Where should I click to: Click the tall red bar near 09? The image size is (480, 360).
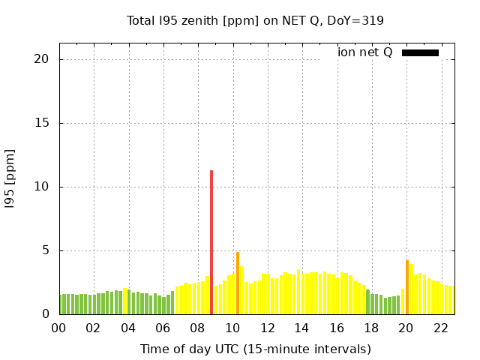211,242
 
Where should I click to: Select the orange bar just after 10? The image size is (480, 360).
238,283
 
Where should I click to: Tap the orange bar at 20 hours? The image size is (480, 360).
407,287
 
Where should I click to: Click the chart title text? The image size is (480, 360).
255,20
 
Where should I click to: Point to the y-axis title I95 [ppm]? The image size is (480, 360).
10,178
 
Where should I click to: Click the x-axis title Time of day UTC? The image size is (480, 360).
255,349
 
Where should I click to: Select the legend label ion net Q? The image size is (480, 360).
365,52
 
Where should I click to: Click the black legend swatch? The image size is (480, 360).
420,52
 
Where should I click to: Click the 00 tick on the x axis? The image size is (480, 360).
58,328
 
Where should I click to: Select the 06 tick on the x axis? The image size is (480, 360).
163,328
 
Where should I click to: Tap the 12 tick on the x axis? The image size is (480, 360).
267,328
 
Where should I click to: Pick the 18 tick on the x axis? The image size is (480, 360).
371,328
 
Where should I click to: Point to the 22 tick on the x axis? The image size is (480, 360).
441,328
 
